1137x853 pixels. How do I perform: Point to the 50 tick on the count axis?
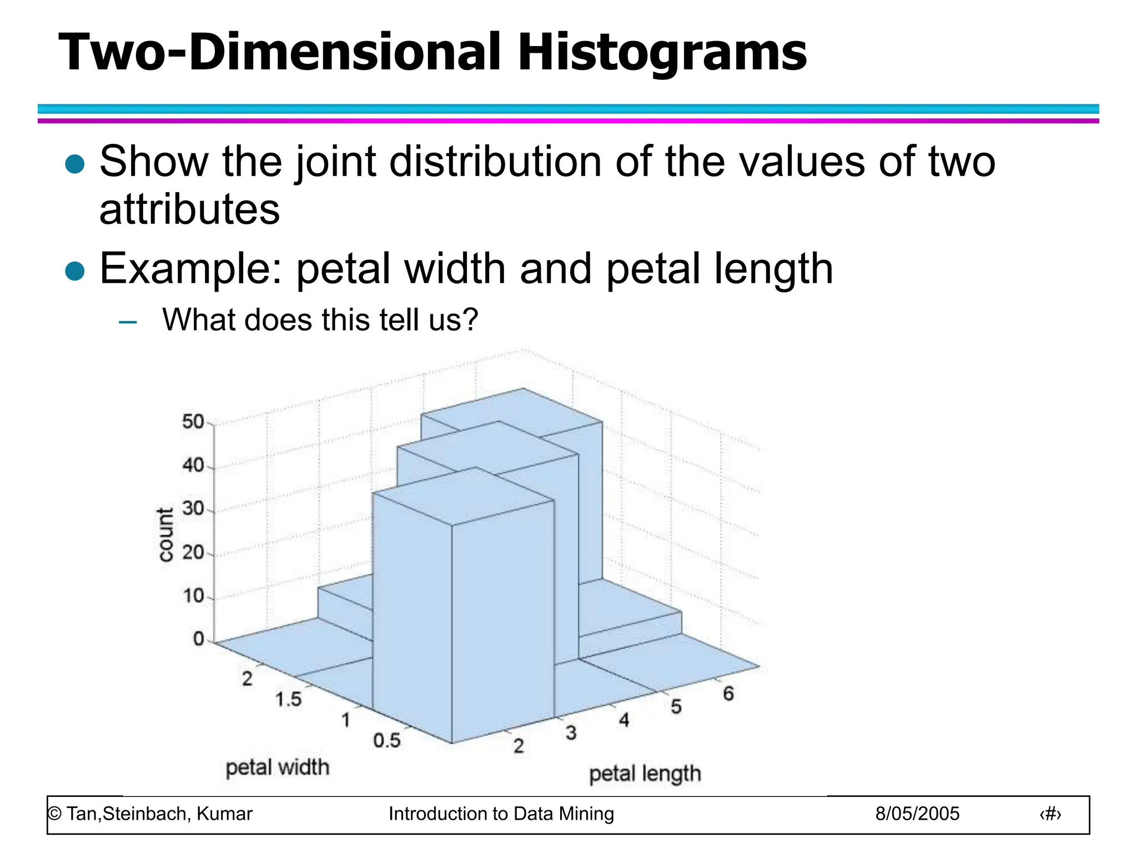tap(194, 422)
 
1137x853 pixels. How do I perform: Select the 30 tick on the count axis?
tap(194, 508)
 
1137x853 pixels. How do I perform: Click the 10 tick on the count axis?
tap(194, 596)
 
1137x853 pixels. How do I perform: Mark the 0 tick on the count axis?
tap(199, 639)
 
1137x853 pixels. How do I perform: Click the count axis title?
tap(165, 535)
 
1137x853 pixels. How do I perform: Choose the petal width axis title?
tap(278, 767)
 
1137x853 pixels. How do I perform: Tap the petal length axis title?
tap(645, 774)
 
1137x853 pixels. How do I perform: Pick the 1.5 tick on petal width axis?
tap(289, 699)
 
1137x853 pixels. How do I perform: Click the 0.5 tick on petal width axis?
tap(386, 740)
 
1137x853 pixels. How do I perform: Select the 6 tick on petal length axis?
tap(728, 694)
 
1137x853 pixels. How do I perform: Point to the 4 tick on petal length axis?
tap(624, 720)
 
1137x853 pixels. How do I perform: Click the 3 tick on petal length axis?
tap(571, 733)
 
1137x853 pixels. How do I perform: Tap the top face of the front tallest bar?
tap(464, 495)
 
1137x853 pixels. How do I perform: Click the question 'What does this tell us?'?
tap(320, 320)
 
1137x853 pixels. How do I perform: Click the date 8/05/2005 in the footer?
tap(917, 814)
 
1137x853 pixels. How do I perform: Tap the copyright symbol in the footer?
tap(54, 814)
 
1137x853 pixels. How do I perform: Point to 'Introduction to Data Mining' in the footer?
tap(501, 814)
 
